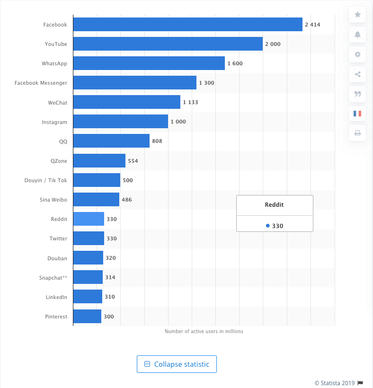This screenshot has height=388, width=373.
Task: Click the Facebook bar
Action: (x=187, y=24)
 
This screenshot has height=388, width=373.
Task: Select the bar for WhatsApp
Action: (x=149, y=63)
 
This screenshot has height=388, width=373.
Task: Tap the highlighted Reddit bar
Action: (x=89, y=219)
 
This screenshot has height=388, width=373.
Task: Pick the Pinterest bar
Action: (x=87, y=316)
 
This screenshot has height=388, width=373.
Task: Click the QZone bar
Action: (x=99, y=160)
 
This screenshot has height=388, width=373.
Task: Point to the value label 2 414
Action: (x=313, y=25)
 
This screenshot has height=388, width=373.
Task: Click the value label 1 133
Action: (x=191, y=102)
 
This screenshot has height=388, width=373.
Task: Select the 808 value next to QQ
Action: (x=157, y=141)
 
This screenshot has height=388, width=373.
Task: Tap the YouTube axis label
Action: (x=56, y=44)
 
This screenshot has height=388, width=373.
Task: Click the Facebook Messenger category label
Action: (x=41, y=83)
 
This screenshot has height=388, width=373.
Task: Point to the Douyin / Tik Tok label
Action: (x=46, y=180)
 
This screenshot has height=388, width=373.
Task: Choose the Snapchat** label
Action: (x=53, y=278)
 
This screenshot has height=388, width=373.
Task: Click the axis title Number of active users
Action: (x=204, y=331)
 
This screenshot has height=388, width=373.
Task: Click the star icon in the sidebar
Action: (x=358, y=15)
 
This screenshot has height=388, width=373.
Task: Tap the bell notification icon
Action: (x=358, y=35)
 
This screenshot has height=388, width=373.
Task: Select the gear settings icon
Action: (x=358, y=54)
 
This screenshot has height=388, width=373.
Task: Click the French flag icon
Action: (x=358, y=114)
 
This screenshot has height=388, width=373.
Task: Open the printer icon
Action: (x=358, y=133)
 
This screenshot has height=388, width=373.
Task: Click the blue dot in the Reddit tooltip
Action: (x=268, y=226)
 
